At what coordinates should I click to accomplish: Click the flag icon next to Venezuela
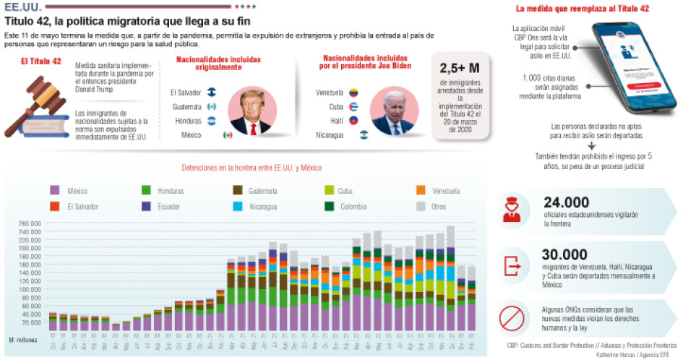click(354, 93)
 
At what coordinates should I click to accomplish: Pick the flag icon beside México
click(227, 134)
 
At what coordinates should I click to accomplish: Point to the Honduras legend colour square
click(145, 191)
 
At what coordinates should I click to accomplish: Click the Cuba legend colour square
click(330, 191)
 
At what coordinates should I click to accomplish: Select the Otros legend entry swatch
click(421, 206)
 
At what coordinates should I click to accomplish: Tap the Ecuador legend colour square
click(145, 206)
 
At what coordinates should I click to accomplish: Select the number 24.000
click(564, 202)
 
